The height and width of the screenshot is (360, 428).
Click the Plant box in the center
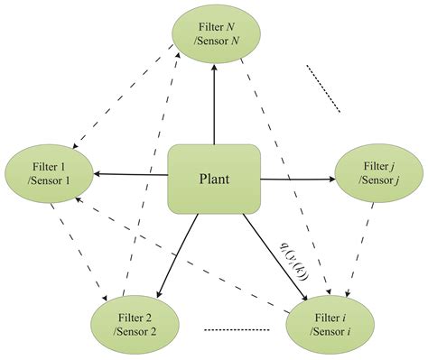point(215,179)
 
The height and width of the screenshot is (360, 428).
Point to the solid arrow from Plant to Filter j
point(298,180)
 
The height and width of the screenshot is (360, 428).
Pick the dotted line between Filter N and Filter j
point(322,87)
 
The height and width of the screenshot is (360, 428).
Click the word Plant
point(215,179)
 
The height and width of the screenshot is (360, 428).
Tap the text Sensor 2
point(135,331)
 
